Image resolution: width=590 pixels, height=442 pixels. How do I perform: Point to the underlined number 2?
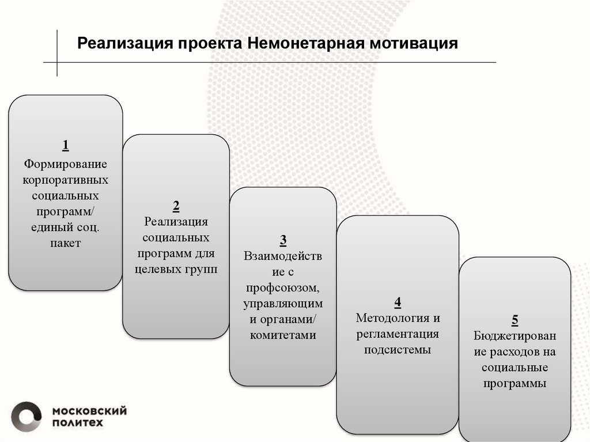click(x=176, y=206)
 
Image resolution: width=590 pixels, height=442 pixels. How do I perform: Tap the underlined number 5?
click(x=515, y=320)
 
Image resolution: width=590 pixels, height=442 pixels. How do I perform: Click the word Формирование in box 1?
click(x=66, y=164)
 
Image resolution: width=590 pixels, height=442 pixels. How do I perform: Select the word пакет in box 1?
click(x=66, y=243)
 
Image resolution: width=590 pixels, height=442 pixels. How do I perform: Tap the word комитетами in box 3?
click(x=283, y=335)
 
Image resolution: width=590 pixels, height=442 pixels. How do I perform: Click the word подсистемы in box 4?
click(x=398, y=350)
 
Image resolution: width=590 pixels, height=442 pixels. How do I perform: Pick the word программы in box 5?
click(x=515, y=384)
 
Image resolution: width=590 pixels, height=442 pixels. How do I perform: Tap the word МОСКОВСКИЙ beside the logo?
click(x=89, y=411)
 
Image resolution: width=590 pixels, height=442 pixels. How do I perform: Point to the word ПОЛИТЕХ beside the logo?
click(x=78, y=423)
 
